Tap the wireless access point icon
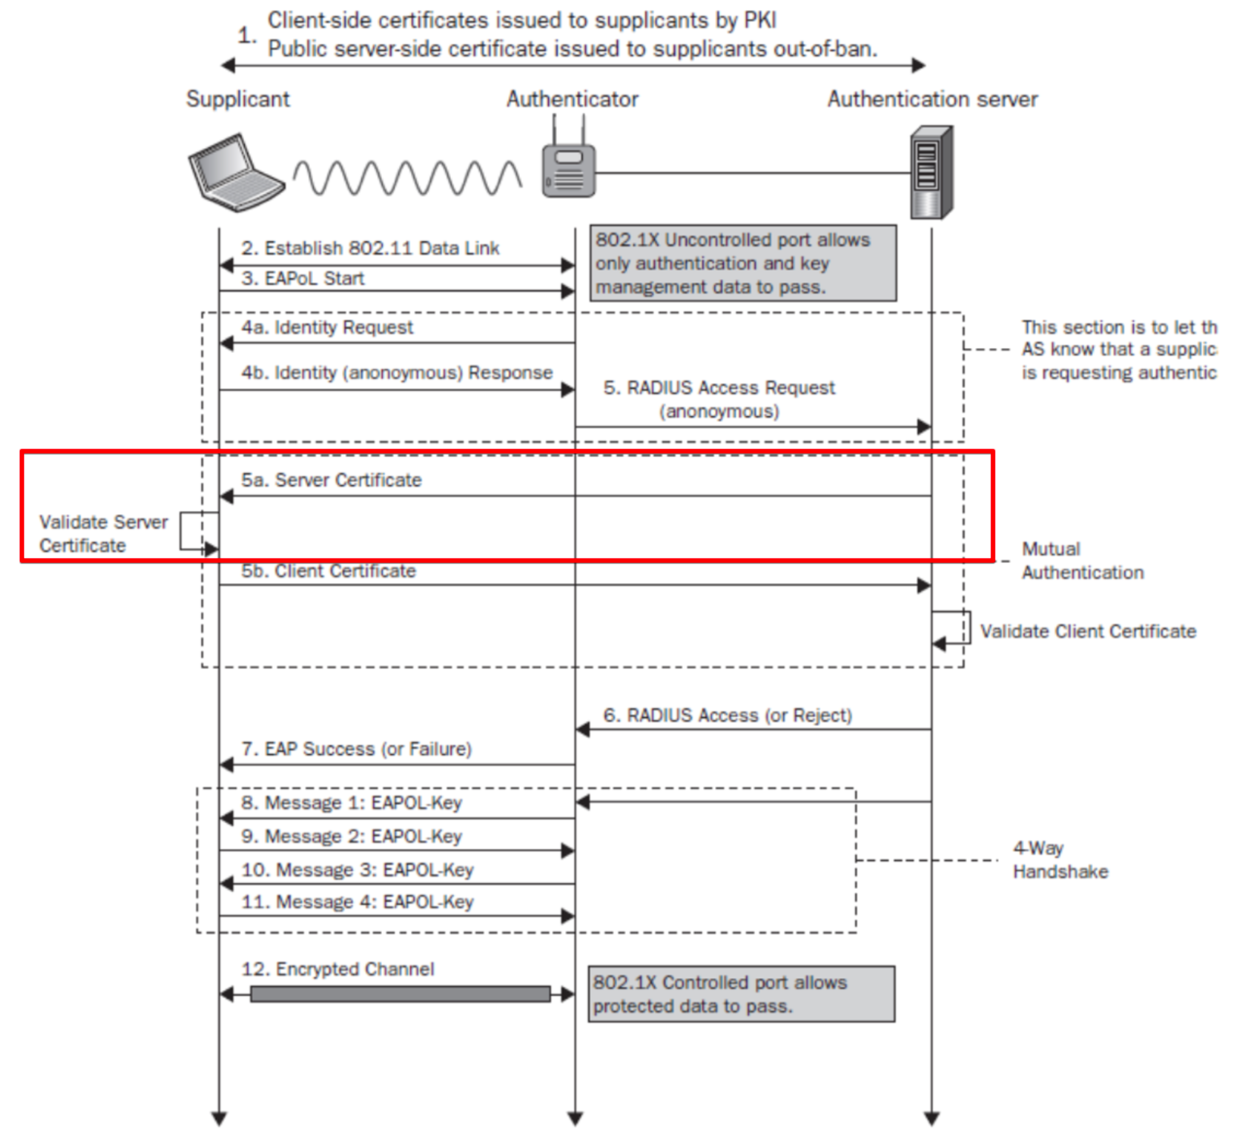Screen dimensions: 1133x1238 (568, 169)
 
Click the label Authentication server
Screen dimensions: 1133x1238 (932, 99)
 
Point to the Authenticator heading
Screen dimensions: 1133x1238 (572, 99)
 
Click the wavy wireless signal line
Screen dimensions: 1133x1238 (408, 178)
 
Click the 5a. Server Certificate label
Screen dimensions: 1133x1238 (331, 480)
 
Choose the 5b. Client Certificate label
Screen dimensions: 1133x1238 (328, 570)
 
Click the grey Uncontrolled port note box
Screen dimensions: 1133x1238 (743, 263)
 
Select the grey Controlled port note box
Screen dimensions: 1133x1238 (741, 994)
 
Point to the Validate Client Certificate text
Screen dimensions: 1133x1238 (1088, 630)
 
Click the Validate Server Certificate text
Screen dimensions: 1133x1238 (103, 533)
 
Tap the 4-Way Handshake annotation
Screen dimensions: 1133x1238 (1059, 859)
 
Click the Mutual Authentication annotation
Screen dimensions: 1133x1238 (1082, 560)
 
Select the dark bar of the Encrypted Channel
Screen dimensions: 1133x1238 (400, 994)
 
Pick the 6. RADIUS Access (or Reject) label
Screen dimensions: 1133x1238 (727, 715)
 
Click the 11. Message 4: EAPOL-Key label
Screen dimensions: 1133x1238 (358, 902)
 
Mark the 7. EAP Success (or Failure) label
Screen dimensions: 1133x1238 (356, 749)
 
